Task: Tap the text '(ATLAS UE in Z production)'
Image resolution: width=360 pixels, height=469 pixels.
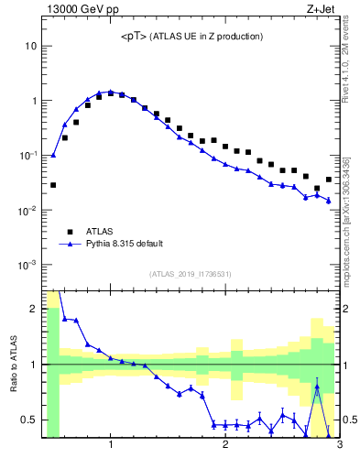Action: (x=207, y=37)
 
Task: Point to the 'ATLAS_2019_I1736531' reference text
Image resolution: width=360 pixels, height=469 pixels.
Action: (x=191, y=274)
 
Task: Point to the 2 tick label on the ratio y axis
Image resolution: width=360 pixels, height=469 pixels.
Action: (x=34, y=309)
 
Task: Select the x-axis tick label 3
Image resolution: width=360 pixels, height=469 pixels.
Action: (x=339, y=446)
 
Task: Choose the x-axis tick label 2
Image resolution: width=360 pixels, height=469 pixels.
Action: (x=225, y=446)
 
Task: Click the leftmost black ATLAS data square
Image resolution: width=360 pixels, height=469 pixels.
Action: (x=53, y=185)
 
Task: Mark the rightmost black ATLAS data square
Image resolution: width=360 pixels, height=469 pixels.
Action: (x=328, y=180)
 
